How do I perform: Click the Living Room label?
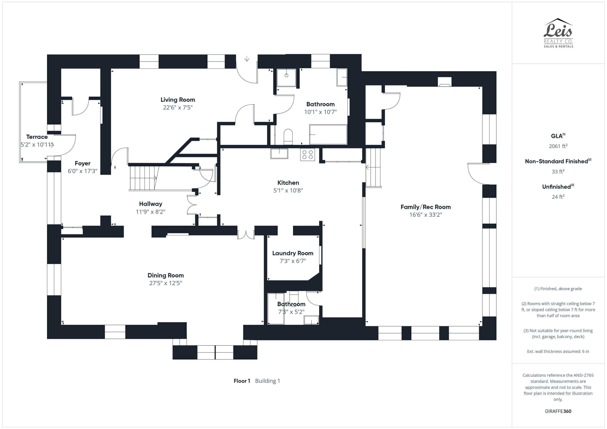click(x=178, y=100)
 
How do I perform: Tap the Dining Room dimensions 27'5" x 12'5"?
click(x=166, y=283)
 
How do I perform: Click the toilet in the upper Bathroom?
click(x=288, y=137)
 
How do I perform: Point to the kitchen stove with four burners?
click(x=308, y=154)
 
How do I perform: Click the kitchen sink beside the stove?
click(x=279, y=153)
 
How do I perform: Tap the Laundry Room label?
click(x=293, y=253)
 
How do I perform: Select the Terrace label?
click(x=37, y=137)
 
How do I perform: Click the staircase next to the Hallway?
click(x=143, y=178)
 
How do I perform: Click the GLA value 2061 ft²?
click(x=558, y=146)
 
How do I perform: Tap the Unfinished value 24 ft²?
click(x=558, y=197)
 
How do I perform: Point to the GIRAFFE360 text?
click(x=558, y=411)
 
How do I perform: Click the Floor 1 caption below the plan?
click(x=242, y=381)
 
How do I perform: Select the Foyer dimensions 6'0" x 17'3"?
click(x=83, y=171)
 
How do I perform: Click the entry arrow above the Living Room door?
click(x=247, y=59)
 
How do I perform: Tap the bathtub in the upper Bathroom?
click(x=328, y=135)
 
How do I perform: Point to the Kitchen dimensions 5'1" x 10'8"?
click(x=288, y=190)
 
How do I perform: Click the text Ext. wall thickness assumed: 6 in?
click(x=558, y=351)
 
